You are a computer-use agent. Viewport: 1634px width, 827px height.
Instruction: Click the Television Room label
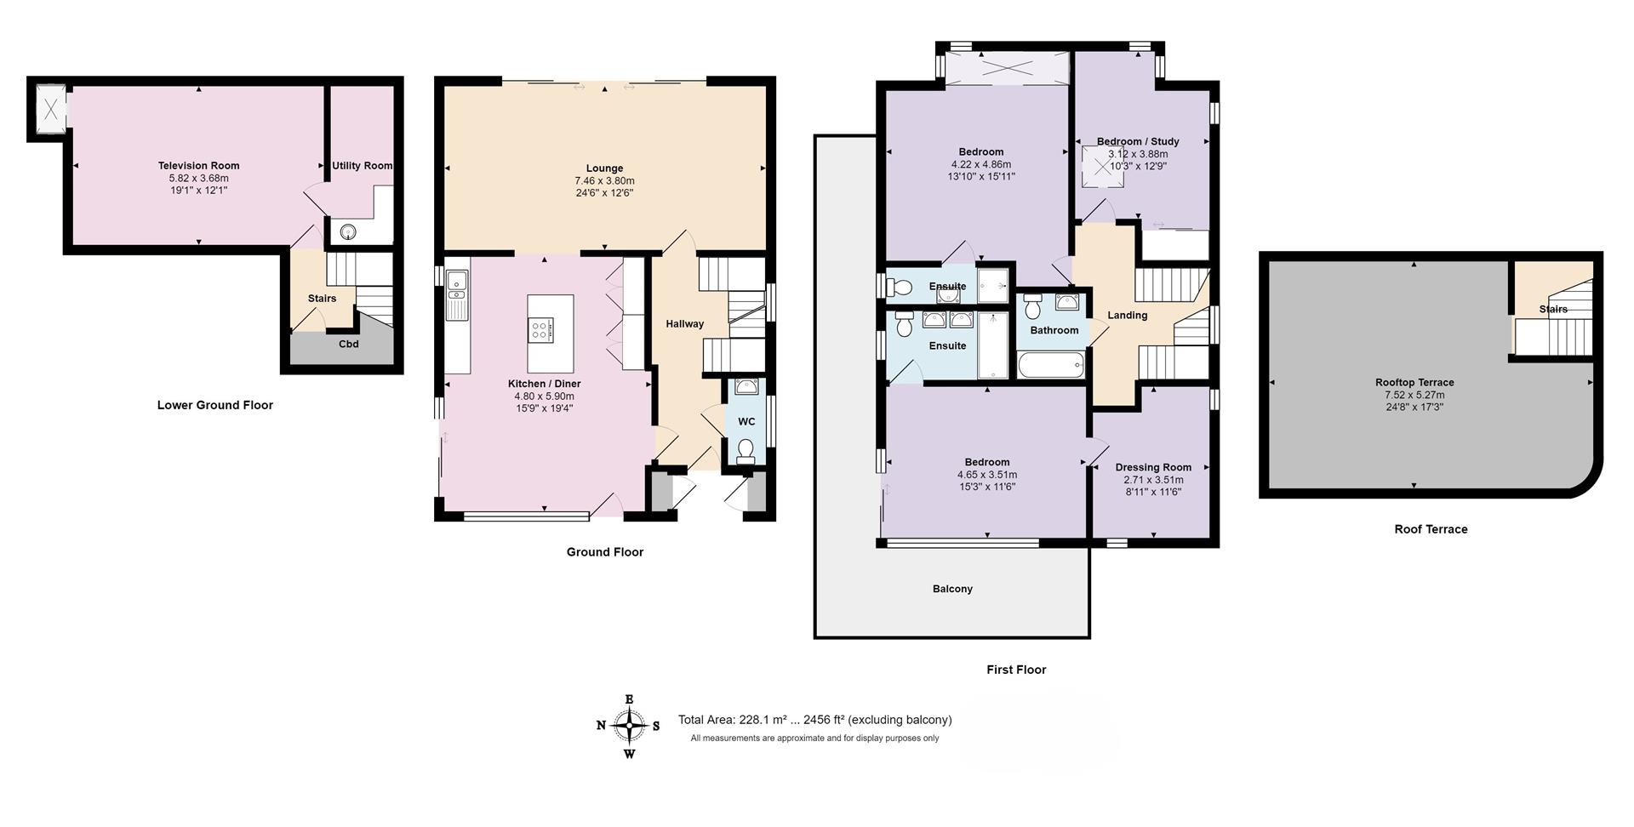pyautogui.click(x=198, y=166)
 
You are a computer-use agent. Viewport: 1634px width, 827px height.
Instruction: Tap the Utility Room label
pyautogui.click(x=362, y=166)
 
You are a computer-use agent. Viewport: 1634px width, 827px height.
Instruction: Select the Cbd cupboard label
pyautogui.click(x=349, y=345)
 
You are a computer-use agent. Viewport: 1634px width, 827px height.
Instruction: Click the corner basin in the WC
pyautogui.click(x=747, y=388)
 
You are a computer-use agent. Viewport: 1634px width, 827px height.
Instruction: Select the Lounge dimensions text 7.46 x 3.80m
pyautogui.click(x=604, y=181)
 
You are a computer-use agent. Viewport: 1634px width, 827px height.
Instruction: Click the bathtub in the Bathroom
pyautogui.click(x=1051, y=366)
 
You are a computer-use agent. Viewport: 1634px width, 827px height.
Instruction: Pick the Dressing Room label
pyautogui.click(x=1153, y=467)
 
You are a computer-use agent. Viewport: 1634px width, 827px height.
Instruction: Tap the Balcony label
pyautogui.click(x=952, y=589)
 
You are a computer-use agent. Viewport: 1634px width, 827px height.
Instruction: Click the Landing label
pyautogui.click(x=1128, y=316)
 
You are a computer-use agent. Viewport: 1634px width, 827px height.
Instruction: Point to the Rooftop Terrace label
pyautogui.click(x=1414, y=383)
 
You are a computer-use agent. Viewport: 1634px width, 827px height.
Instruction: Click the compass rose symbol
pyautogui.click(x=629, y=726)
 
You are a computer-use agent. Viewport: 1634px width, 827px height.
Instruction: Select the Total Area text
pyautogui.click(x=814, y=720)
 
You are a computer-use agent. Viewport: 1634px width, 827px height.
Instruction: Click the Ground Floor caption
pyautogui.click(x=605, y=552)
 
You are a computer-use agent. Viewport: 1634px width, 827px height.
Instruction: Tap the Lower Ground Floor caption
pyautogui.click(x=215, y=405)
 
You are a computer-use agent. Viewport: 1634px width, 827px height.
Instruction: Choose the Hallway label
pyautogui.click(x=684, y=324)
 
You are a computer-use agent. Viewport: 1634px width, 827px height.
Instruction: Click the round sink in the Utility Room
pyautogui.click(x=349, y=231)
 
